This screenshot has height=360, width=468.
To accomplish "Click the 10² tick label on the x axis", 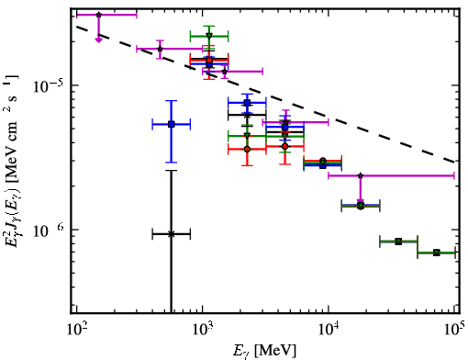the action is click(76, 330).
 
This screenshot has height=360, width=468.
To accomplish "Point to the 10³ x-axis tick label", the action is click(203, 330).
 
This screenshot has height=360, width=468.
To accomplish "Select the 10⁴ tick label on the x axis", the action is click(329, 330).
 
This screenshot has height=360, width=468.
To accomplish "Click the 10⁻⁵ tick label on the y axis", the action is click(49, 86).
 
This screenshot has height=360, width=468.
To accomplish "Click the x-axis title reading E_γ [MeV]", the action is click(265, 351).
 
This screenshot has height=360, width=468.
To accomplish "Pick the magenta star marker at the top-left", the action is click(98, 15).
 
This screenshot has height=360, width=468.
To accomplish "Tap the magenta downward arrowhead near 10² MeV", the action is click(98, 40).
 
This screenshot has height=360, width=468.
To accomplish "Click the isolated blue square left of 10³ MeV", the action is click(172, 124).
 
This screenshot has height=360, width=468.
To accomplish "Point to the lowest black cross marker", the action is click(172, 234).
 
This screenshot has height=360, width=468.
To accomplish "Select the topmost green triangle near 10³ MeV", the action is click(209, 36).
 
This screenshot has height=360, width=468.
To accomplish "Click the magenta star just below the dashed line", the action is click(225, 72).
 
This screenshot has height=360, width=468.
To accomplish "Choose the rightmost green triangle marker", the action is click(437, 253).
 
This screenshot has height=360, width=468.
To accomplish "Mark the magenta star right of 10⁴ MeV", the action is click(361, 175).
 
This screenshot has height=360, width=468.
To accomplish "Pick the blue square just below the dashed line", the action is click(247, 103).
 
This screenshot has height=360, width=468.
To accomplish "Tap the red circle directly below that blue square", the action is click(247, 149).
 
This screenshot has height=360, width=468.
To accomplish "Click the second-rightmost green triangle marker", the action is click(398, 242).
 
